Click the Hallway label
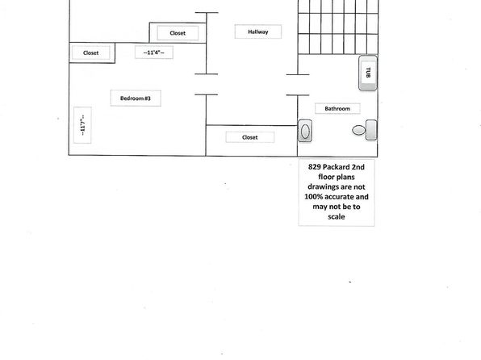click(258, 31)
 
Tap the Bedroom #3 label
click(136, 98)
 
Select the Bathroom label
click(337, 109)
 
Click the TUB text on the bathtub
click(369, 73)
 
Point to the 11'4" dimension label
click(153, 52)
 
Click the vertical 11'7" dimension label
click(82, 125)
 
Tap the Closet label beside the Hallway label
click(178, 33)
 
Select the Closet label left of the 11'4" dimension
click(91, 52)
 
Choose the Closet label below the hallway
click(250, 137)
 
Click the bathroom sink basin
click(305, 131)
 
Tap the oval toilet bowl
click(358, 130)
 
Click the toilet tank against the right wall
click(371, 130)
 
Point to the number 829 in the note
click(315, 167)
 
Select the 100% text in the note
click(313, 197)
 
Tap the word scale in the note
click(337, 216)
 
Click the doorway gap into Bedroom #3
click(206, 85)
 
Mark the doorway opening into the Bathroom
click(298, 85)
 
